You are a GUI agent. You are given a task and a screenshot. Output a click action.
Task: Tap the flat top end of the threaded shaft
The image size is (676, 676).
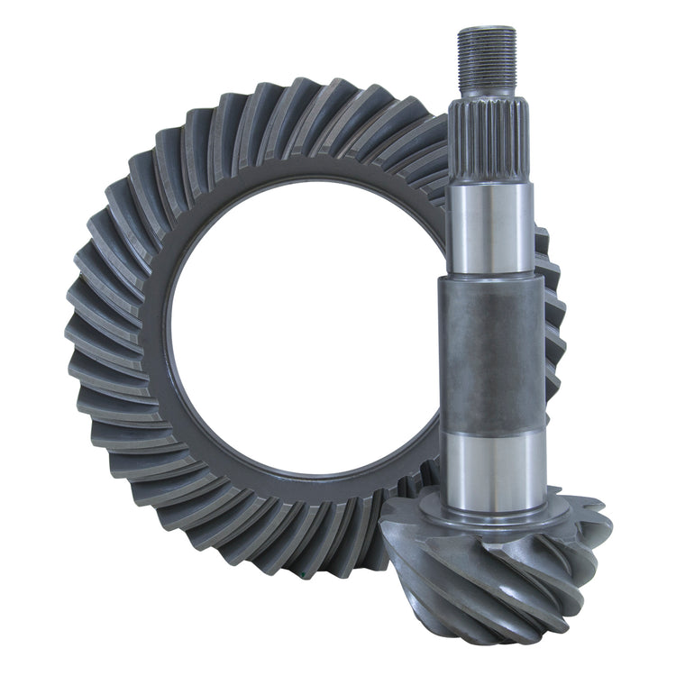click(487, 29)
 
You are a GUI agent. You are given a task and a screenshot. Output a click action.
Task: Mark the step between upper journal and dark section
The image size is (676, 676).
click(489, 276)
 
